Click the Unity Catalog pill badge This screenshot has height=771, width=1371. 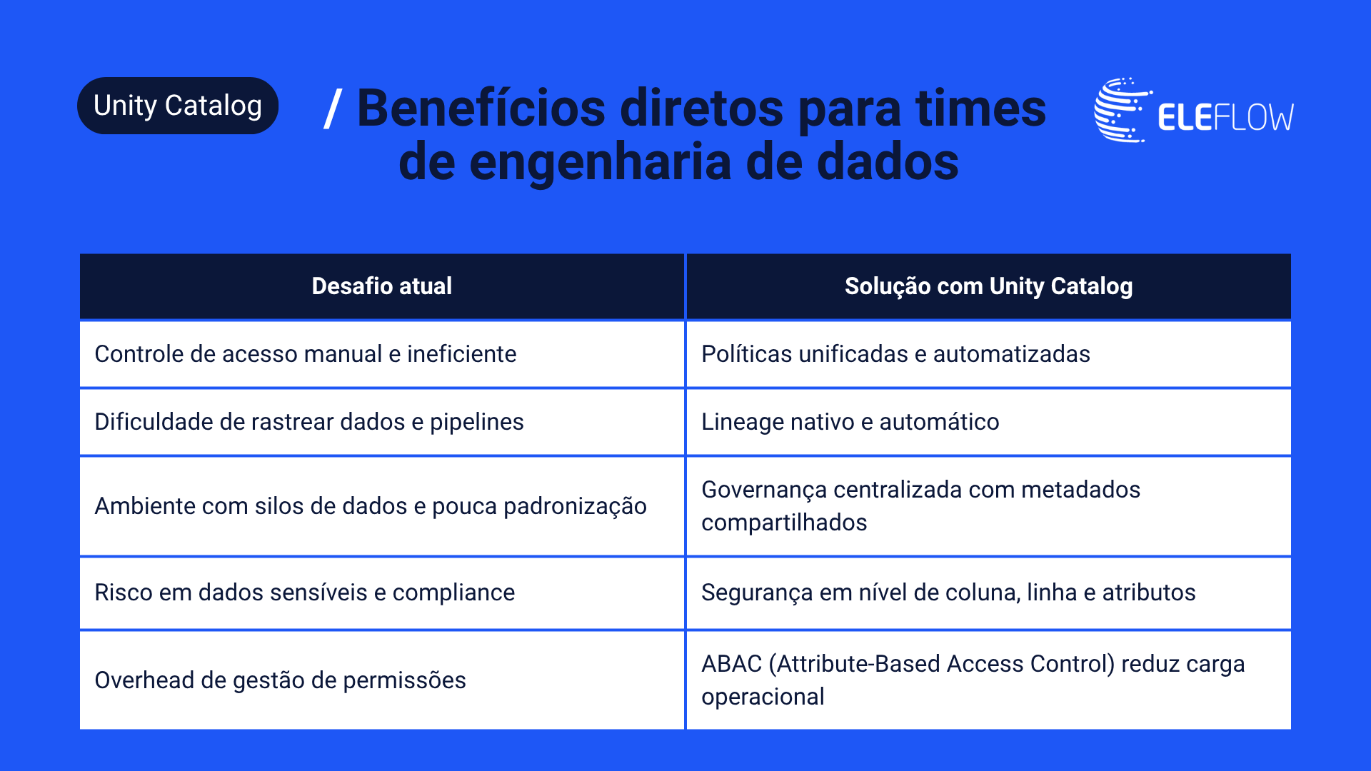pos(178,106)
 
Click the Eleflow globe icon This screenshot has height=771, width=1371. pos(1123,110)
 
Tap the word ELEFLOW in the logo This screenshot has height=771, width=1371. pos(1225,118)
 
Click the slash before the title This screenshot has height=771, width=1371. pos(333,109)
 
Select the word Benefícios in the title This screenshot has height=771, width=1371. pos(481,109)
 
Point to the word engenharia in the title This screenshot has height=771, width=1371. pos(601,163)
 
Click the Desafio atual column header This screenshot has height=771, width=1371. pos(382,286)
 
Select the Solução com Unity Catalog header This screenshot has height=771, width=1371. pos(989,286)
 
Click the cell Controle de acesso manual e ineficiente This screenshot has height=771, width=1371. pos(382,354)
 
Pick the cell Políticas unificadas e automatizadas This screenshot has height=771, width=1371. pos(989,354)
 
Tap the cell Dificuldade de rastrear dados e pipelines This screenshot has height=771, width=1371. pos(382,422)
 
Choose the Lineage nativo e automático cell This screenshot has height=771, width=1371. pos(989,422)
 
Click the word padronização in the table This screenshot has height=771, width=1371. pos(575,507)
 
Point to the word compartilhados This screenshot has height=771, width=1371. pos(784,523)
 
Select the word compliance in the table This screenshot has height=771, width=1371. pos(453,593)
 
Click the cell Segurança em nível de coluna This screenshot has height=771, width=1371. pos(989,593)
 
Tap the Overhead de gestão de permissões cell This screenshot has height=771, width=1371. pos(382,680)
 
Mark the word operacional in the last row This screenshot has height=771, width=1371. pos(763,697)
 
